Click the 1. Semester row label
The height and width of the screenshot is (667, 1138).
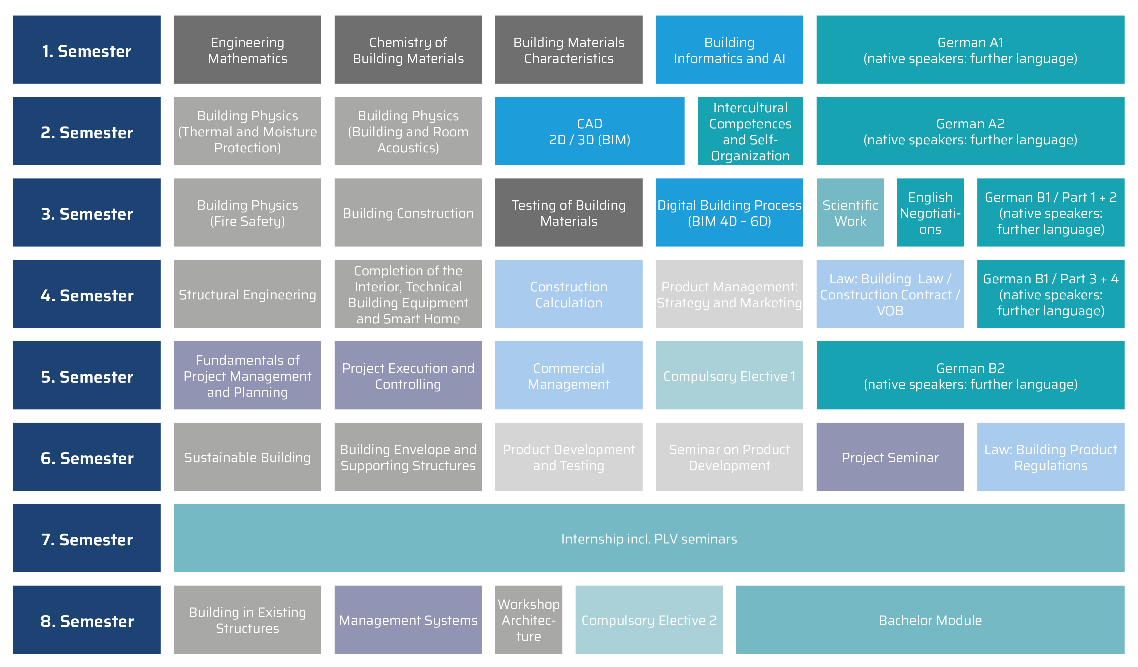pyautogui.click(x=87, y=50)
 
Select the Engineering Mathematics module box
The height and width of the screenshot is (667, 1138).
pyautogui.click(x=247, y=50)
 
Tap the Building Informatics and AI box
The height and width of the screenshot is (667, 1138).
pyautogui.click(x=729, y=50)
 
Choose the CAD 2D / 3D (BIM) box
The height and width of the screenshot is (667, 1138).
pyautogui.click(x=589, y=131)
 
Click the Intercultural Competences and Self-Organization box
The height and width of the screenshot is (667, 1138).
pyautogui.click(x=750, y=131)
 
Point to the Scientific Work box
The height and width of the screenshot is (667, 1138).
pyautogui.click(x=850, y=212)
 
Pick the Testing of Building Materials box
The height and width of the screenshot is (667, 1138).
pyautogui.click(x=569, y=212)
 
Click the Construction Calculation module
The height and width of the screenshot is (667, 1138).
pyautogui.click(x=569, y=294)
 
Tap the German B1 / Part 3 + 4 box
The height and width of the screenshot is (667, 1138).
pyautogui.click(x=1051, y=294)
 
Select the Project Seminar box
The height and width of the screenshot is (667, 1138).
pyautogui.click(x=890, y=457)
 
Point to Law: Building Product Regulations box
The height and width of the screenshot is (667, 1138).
pyautogui.click(x=1051, y=457)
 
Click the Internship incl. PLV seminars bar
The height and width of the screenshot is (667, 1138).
pyautogui.click(x=649, y=538)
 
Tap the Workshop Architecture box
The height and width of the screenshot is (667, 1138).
pyautogui.click(x=528, y=620)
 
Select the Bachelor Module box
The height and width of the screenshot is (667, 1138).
pyautogui.click(x=930, y=620)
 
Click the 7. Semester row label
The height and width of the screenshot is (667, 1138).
pyautogui.click(x=87, y=538)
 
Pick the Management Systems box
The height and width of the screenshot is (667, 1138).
pyautogui.click(x=408, y=620)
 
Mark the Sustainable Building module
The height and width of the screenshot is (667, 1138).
pyautogui.click(x=247, y=457)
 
